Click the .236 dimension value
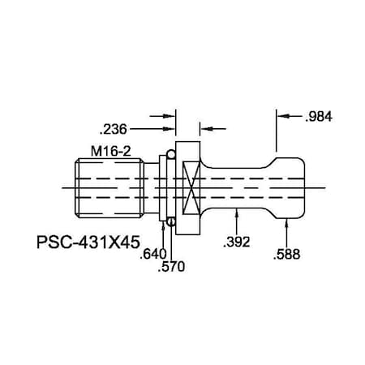(114, 128)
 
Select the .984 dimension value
(320, 116)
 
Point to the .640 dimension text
(153, 254)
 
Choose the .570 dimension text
(171, 268)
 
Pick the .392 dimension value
(237, 242)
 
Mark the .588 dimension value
(287, 255)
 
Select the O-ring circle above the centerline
(171, 154)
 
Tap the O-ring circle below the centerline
(171, 221)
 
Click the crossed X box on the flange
(192, 188)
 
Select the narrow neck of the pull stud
(239, 188)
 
